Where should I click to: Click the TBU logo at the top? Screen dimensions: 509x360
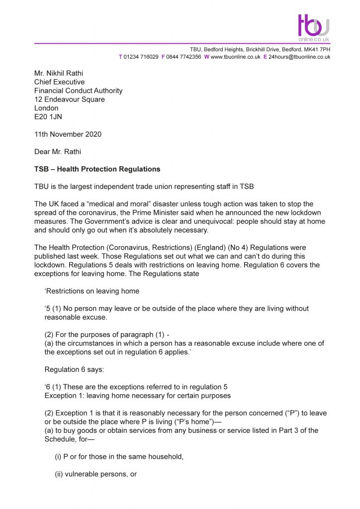pyautogui.click(x=314, y=26)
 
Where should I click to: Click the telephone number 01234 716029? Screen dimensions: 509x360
pyautogui.click(x=141, y=57)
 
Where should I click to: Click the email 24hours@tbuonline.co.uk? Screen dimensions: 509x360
pyautogui.click(x=300, y=57)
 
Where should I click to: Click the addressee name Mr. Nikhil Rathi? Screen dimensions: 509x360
pyautogui.click(x=60, y=74)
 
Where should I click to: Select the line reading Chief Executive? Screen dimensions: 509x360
pyautogui.click(x=59, y=82)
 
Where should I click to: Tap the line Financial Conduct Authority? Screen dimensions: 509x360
pyautogui.click(x=78, y=91)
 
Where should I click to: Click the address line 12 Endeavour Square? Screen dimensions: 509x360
pyautogui.click(x=69, y=99)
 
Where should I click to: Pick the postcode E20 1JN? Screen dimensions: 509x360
pyautogui.click(x=48, y=117)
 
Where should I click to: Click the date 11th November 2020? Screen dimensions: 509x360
pyautogui.click(x=68, y=134)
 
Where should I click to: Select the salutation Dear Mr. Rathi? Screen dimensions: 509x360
pyautogui.click(x=58, y=152)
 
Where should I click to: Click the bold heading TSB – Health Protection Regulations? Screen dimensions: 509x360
pyautogui.click(x=97, y=169)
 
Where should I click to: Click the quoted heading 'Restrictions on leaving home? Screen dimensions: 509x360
pyautogui.click(x=91, y=291)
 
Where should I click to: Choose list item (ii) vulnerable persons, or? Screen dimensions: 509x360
pyautogui.click(x=95, y=474)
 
